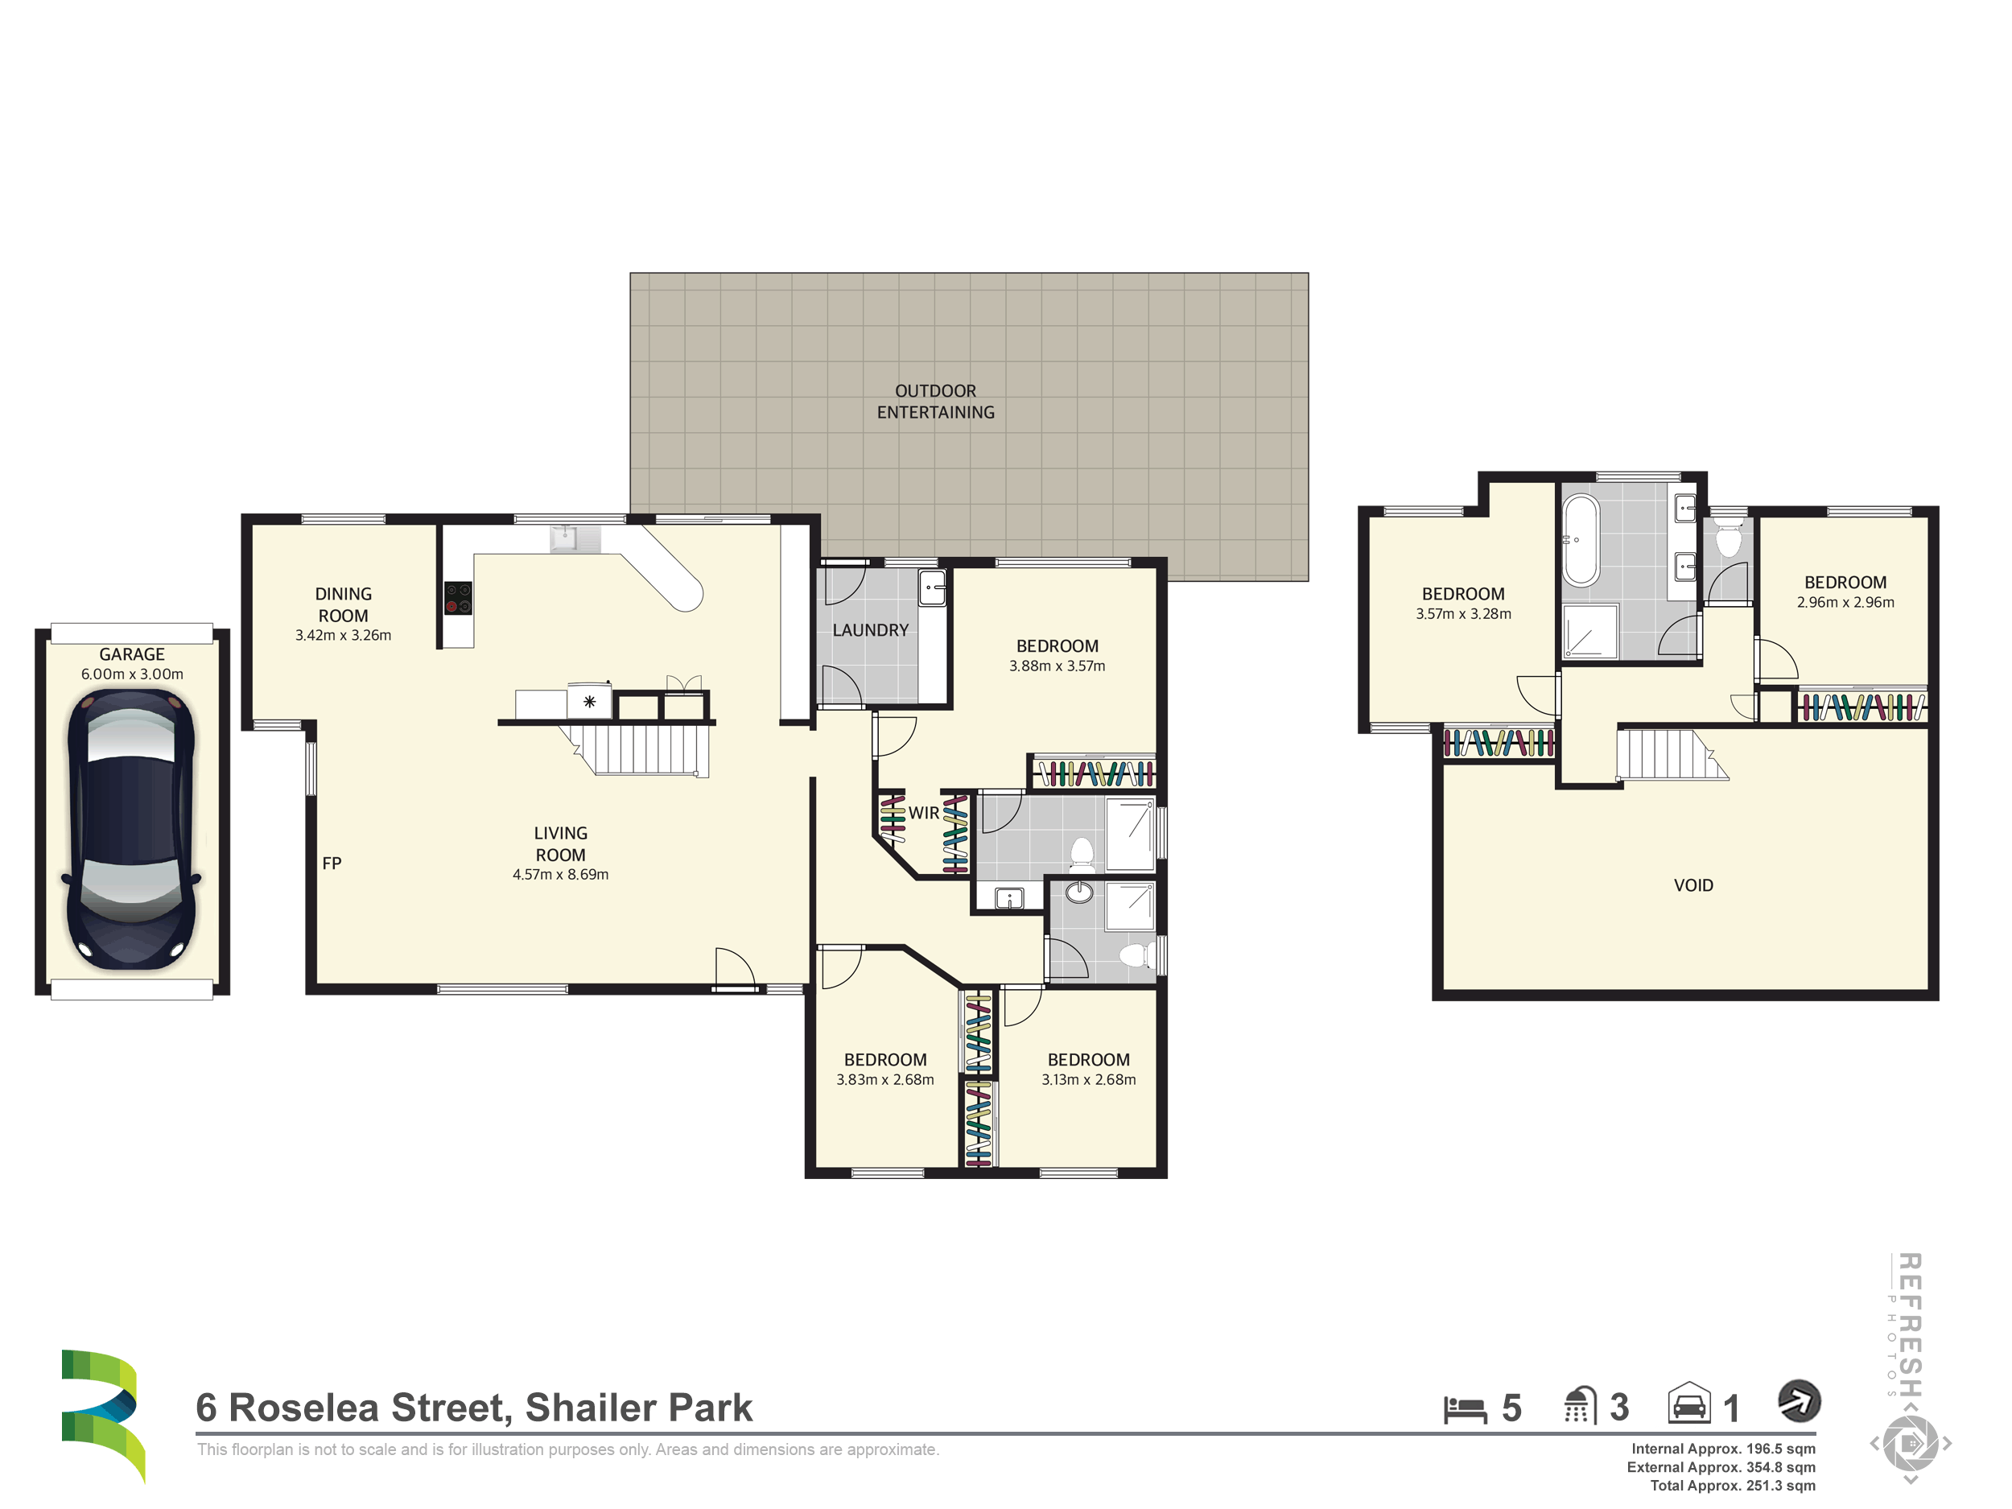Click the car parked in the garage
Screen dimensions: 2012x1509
pyautogui.click(x=132, y=829)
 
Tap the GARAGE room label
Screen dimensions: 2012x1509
pyautogui.click(x=132, y=654)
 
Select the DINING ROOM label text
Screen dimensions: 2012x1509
pyautogui.click(x=343, y=605)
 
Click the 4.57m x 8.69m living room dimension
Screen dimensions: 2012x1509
pyautogui.click(x=560, y=874)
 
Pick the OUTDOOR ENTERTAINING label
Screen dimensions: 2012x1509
pyautogui.click(x=935, y=401)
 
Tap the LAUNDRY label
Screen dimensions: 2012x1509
pyautogui.click(x=871, y=630)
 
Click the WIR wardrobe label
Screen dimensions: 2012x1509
pyautogui.click(x=923, y=813)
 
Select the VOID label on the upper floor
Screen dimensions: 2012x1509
pyautogui.click(x=1693, y=885)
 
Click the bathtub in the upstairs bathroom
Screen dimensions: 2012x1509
pyautogui.click(x=1581, y=539)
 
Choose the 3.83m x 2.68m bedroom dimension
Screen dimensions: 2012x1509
pyautogui.click(x=885, y=1080)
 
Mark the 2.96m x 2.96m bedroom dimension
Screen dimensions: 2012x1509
pyautogui.click(x=1845, y=602)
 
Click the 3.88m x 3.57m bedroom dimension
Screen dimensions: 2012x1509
pyautogui.click(x=1057, y=666)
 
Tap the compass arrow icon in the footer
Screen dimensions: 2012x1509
pyautogui.click(x=1800, y=1401)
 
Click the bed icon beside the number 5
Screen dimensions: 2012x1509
pyautogui.click(x=1466, y=1409)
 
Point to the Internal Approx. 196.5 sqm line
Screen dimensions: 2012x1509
pyautogui.click(x=1723, y=1449)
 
